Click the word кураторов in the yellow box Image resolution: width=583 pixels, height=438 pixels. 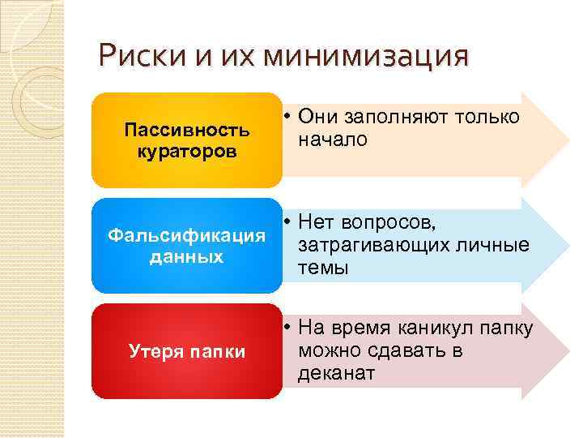pyautogui.click(x=187, y=152)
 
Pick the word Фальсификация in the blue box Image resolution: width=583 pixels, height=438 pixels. pyautogui.click(x=187, y=235)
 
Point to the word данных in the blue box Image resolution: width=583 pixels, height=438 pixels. pyautogui.click(x=187, y=257)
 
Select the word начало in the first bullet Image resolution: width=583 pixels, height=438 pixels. pyautogui.click(x=332, y=140)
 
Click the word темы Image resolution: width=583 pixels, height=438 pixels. pyautogui.click(x=323, y=268)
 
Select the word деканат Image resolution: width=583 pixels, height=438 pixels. pyautogui.click(x=336, y=373)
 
